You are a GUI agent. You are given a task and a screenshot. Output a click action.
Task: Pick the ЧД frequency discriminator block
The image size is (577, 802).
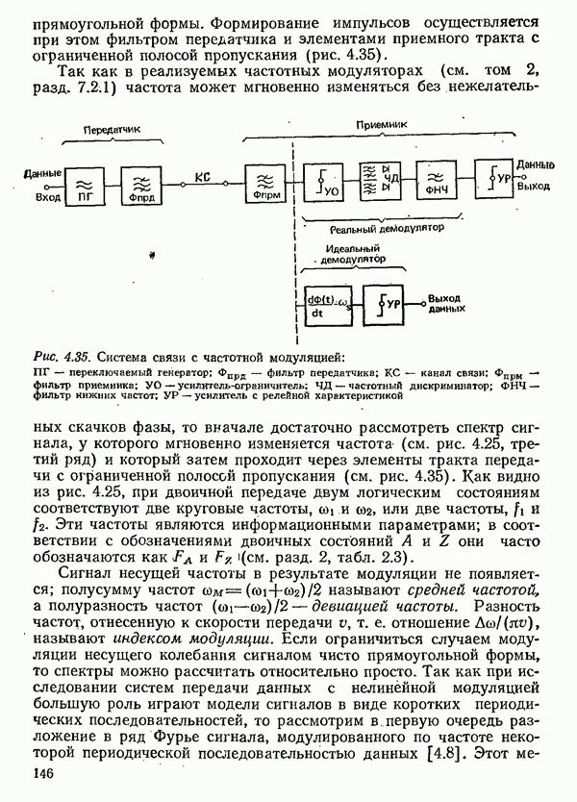click(x=378, y=180)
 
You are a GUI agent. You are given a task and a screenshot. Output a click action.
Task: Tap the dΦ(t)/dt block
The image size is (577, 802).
click(x=317, y=304)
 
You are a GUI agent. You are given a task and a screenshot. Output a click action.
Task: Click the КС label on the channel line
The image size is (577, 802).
click(x=202, y=176)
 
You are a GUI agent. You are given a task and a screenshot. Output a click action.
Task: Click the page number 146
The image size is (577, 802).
click(x=46, y=775)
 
